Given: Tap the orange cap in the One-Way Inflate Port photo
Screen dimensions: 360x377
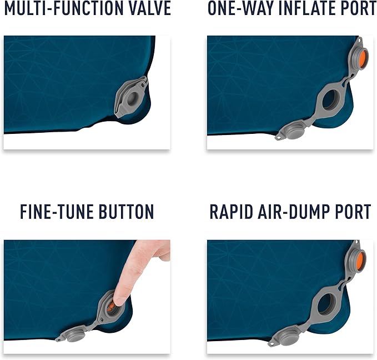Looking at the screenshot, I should tap(361, 58).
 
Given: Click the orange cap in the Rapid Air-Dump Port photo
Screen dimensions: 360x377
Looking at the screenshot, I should tap(361, 259).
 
